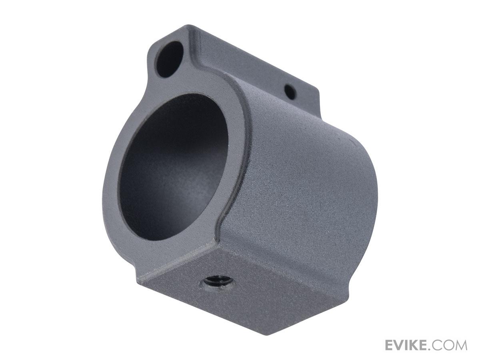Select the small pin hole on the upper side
(x=291, y=92)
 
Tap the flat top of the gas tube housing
(x=248, y=60)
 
